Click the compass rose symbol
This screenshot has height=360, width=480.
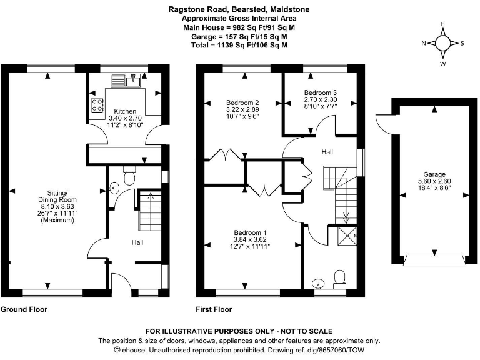coord(442,43)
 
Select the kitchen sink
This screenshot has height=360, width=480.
coord(127,79)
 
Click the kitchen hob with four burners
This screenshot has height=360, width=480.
coord(98,105)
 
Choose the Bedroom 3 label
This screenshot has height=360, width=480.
coord(321,92)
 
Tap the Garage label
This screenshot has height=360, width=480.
coord(434,174)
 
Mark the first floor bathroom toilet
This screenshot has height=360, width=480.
coord(340,277)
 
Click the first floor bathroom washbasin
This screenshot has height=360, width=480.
coord(319,283)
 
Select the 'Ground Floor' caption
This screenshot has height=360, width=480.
coord(24,309)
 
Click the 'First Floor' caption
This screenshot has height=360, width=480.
coord(214,309)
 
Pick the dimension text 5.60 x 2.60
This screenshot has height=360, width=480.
coord(434,181)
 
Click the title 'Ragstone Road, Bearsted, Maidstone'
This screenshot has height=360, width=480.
coord(239,9)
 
